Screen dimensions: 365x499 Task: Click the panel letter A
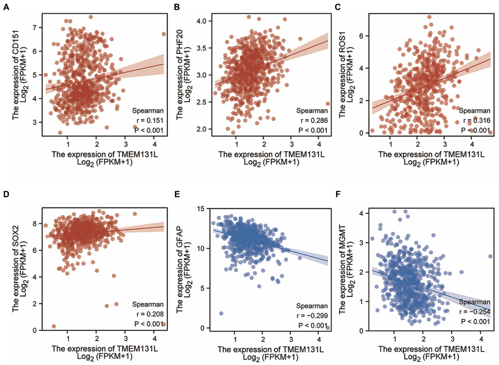pyautogui.click(x=6, y=7)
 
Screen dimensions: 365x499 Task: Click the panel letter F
pyautogui.click(x=338, y=194)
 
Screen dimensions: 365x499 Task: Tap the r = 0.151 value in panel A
pyautogui.click(x=150, y=120)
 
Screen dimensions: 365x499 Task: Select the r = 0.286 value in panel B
pyautogui.click(x=314, y=120)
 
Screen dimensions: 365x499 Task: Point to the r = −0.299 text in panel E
pyautogui.click(x=312, y=316)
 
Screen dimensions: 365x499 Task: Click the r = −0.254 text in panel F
pyautogui.click(x=474, y=312)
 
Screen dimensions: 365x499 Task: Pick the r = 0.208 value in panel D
pyautogui.click(x=150, y=314)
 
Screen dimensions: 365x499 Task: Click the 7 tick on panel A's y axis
pyautogui.click(x=35, y=27)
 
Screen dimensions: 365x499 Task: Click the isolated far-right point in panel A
pyautogui.click(x=164, y=34)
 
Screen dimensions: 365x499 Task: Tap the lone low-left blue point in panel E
pyautogui.click(x=221, y=313)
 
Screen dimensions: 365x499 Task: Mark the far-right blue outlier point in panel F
pyautogui.click(x=490, y=256)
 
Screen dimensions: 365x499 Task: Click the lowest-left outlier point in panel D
pyautogui.click(x=54, y=326)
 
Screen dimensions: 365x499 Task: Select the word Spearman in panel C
pyautogui.click(x=474, y=111)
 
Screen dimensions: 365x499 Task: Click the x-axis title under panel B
pyautogui.click(x=271, y=158)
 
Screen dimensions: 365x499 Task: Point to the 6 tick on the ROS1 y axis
pyautogui.click(x=361, y=36)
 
